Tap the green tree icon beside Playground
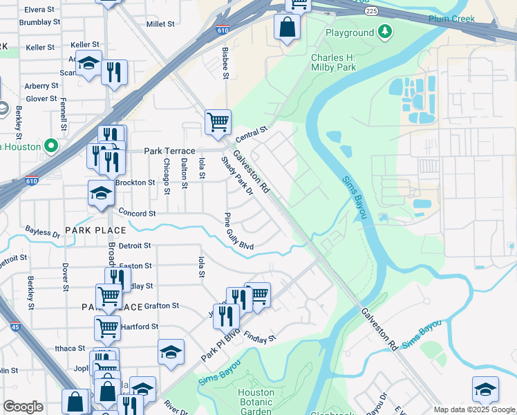coord(385,32)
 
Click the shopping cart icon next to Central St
coord(218,122)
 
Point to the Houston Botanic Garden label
coord(256,402)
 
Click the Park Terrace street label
coord(169,151)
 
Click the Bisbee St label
coord(225,63)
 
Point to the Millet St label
coord(160,24)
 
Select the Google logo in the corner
coord(23,407)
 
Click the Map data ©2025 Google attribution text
coord(474,409)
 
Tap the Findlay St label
coord(260,338)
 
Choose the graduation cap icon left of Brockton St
coord(101,193)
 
